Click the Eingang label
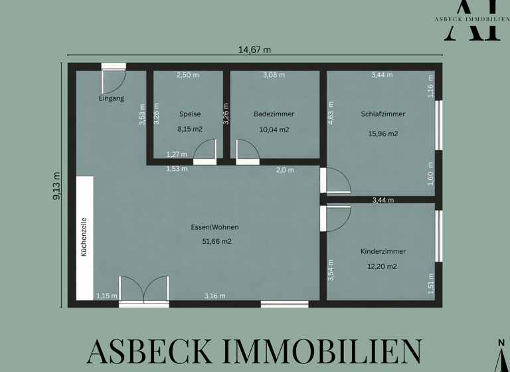111,99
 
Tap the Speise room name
189,114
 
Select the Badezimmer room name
274,114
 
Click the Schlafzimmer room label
383,114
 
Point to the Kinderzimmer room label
383,252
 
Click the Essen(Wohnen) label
216,227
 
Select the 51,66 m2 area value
216,242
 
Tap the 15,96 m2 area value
383,134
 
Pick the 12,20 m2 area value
383,266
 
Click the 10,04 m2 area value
274,130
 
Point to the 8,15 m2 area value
189,130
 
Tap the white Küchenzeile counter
85,238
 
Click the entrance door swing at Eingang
112,80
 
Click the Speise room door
205,151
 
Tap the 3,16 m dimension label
214,296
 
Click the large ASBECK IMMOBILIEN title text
254,351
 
